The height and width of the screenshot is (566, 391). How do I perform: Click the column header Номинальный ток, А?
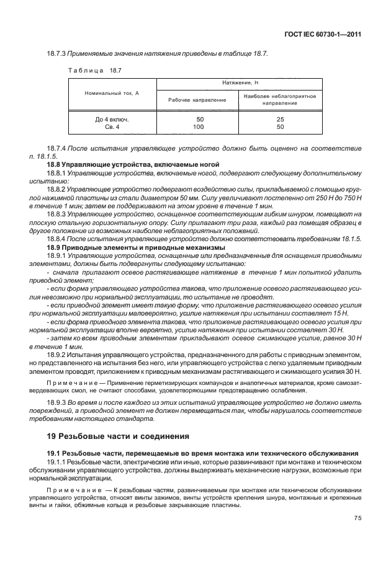(112, 92)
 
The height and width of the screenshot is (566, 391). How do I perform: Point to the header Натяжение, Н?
(240, 82)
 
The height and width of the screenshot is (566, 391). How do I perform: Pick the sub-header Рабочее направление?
(196, 100)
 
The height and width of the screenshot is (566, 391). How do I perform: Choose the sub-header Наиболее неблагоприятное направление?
(280, 100)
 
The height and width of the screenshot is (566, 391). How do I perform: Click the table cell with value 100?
(199, 126)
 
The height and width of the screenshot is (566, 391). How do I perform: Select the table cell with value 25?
(281, 118)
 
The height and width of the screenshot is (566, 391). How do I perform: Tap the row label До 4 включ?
(112, 118)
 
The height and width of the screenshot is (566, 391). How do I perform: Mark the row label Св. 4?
(112, 126)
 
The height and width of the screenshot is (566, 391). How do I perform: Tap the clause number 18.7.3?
(58, 54)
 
